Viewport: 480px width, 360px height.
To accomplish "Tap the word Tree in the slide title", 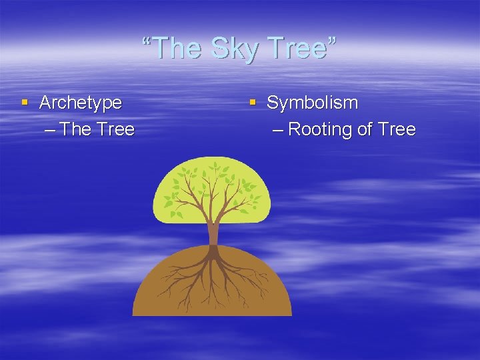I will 298,47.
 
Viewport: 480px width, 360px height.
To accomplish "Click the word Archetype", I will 81,103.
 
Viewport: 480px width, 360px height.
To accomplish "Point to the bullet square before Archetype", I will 25,103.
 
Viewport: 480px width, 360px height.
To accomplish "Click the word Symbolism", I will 312,103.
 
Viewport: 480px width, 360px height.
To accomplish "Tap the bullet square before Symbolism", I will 252,103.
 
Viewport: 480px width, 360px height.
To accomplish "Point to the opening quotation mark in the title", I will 147,42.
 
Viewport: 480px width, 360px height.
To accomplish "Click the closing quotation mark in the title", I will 332,42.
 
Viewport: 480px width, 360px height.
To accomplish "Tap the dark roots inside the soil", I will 213,273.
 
